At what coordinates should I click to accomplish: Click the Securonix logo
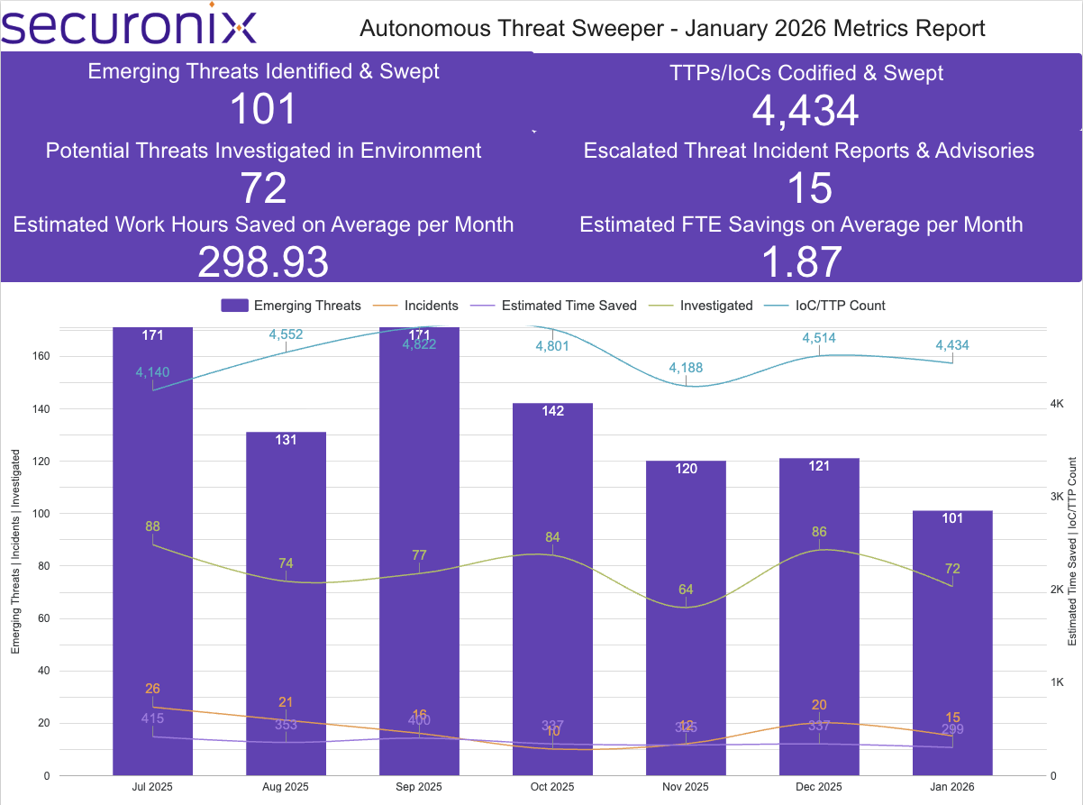pos(129,26)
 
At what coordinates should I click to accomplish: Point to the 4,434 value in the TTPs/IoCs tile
pos(805,111)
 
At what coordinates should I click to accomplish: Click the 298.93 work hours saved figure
pos(263,262)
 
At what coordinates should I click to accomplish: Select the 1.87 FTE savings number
pos(801,262)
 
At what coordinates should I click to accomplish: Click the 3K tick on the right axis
pos(1058,497)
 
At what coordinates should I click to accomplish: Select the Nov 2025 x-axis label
pos(686,786)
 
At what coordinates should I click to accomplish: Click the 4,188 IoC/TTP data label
pos(686,368)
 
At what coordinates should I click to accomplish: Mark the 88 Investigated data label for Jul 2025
pos(152,526)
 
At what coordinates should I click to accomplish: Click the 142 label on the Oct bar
pos(552,411)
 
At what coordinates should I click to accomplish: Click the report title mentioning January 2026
pos(672,28)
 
